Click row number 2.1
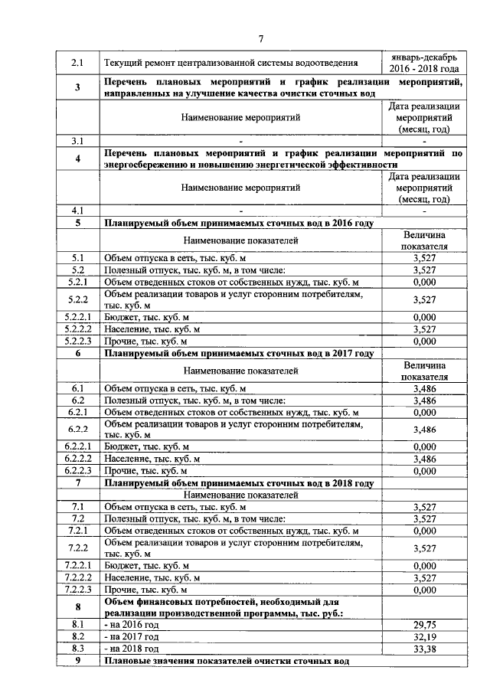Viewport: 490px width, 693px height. [77, 64]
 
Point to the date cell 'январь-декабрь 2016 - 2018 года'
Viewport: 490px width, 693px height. [424, 64]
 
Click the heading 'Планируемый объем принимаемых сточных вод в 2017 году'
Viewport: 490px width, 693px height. [239, 354]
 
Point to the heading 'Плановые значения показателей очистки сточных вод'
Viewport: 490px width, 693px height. [227, 660]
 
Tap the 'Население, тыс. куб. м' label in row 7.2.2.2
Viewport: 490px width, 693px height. [152, 577]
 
